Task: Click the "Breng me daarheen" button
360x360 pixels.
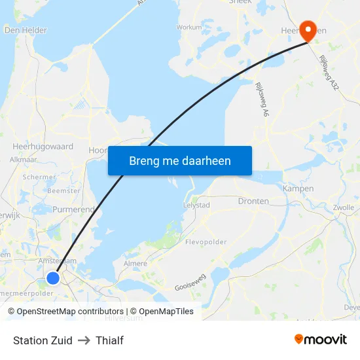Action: tap(180, 160)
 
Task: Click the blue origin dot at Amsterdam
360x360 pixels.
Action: tap(53, 278)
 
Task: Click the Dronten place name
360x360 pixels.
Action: tap(253, 201)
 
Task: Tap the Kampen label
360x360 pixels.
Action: tap(293, 189)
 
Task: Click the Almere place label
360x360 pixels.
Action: tap(135, 263)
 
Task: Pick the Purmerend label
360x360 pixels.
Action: tap(73, 209)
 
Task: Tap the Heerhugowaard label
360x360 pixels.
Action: tap(43, 147)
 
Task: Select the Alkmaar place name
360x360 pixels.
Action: tap(23, 159)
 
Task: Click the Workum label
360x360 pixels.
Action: tap(189, 27)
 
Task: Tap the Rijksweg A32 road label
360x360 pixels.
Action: tap(329, 73)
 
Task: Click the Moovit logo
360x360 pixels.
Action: tap(321, 339)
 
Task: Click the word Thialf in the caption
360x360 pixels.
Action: tap(109, 340)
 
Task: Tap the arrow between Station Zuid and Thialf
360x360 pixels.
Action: tap(84, 340)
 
